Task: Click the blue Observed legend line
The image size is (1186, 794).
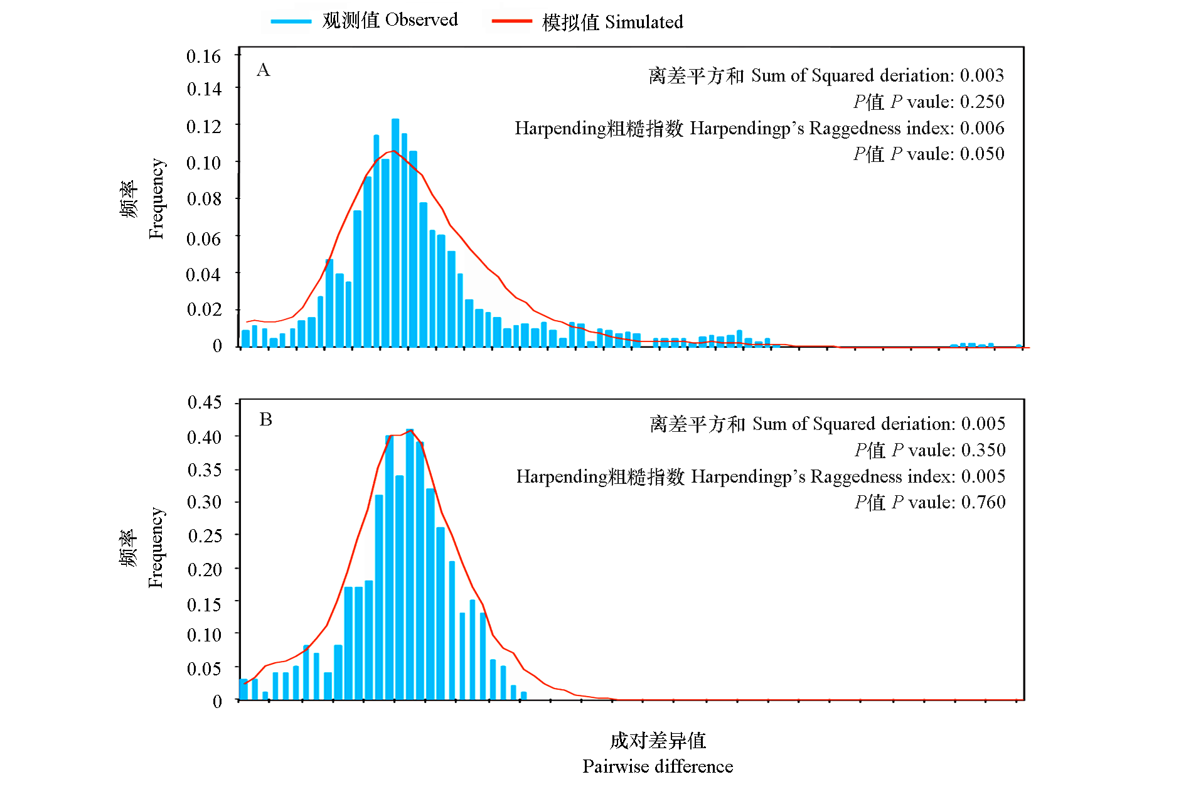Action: click(x=291, y=21)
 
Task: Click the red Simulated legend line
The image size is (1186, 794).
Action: click(x=511, y=21)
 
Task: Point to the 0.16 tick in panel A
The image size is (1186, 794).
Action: click(x=204, y=56)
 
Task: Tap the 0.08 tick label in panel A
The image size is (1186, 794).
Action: click(x=204, y=199)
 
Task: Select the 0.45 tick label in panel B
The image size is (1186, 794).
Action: click(x=205, y=402)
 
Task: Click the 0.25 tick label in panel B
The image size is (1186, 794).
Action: click(x=205, y=535)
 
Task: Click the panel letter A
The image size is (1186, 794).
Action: click(x=264, y=70)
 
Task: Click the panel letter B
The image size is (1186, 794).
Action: click(x=266, y=419)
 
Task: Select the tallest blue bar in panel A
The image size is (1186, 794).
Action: click(x=395, y=232)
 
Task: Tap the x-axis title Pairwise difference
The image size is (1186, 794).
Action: click(x=658, y=766)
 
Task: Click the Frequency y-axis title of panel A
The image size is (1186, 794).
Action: click(x=156, y=198)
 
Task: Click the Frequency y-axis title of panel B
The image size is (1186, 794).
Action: click(x=156, y=547)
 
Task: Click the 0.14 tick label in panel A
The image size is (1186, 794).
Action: click(x=204, y=89)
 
